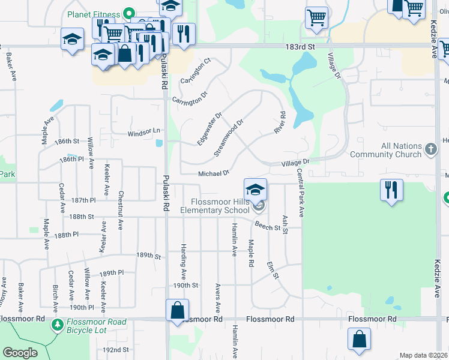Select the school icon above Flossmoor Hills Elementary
click(255, 189)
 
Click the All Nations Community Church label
click(402, 150)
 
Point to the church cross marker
click(430, 149)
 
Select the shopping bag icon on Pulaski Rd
click(177, 310)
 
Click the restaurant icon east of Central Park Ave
click(391, 190)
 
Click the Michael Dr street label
click(214, 173)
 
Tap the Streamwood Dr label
click(229, 139)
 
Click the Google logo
click(20, 353)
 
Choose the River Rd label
click(279, 123)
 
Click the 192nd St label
click(116, 349)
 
